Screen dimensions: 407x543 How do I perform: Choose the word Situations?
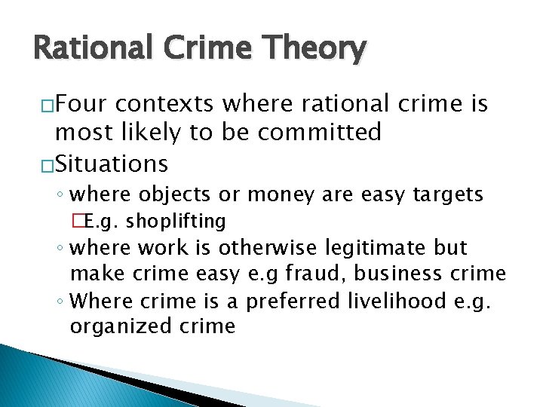point(112,163)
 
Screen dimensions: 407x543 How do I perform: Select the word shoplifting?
point(176,221)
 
